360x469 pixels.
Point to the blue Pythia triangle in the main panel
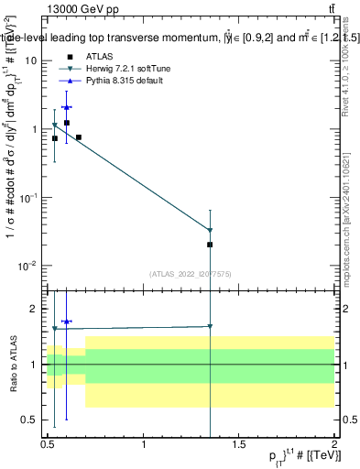(x=66, y=107)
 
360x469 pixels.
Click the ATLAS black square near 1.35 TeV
(x=211, y=245)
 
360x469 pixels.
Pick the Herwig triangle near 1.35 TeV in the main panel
(x=211, y=230)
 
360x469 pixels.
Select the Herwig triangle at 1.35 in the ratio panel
(x=211, y=326)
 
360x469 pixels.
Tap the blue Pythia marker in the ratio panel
(x=66, y=322)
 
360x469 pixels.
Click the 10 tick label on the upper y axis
(x=33, y=60)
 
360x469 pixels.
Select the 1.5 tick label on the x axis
(x=239, y=444)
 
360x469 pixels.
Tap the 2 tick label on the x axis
(x=334, y=444)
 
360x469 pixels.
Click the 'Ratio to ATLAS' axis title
(x=11, y=364)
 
